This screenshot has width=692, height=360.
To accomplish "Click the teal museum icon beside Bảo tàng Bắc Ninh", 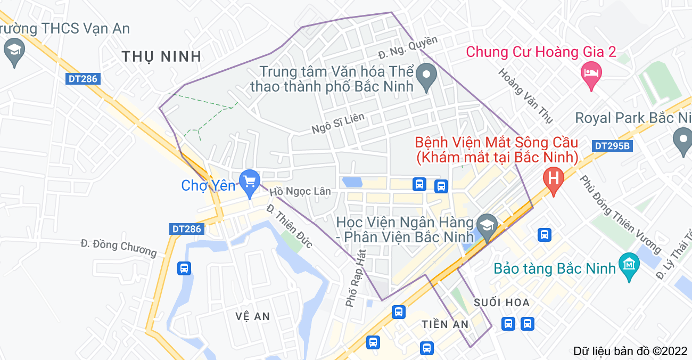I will [x=629, y=265].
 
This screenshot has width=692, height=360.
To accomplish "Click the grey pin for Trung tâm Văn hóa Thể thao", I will [x=425, y=76].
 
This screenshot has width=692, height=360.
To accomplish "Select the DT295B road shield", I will [x=612, y=146].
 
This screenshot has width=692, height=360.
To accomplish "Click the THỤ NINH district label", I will [x=161, y=56].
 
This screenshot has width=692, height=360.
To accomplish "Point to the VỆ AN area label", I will [x=253, y=316].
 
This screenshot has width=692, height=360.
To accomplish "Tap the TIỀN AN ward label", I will [x=445, y=324].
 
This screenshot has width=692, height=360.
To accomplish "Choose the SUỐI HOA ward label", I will [x=502, y=302].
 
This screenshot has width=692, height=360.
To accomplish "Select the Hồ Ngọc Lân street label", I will [x=300, y=192].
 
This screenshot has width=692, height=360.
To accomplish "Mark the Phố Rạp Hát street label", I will [x=356, y=277].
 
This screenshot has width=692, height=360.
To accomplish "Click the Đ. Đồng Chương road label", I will [x=119, y=248].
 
